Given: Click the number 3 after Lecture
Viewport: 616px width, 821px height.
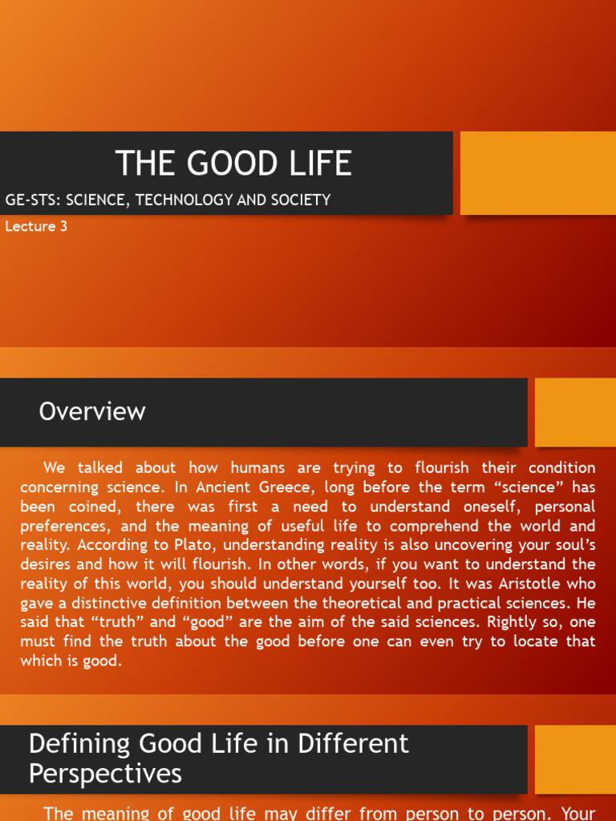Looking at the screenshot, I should [63, 226].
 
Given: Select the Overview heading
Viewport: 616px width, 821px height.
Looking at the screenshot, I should [92, 411].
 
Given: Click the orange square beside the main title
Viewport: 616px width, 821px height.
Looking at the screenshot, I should [538, 173].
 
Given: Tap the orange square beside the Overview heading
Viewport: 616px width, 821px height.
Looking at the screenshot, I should [575, 412].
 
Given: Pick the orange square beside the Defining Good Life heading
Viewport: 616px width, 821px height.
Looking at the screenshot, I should [575, 759].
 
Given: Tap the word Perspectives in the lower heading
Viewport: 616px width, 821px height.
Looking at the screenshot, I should [105, 774].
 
